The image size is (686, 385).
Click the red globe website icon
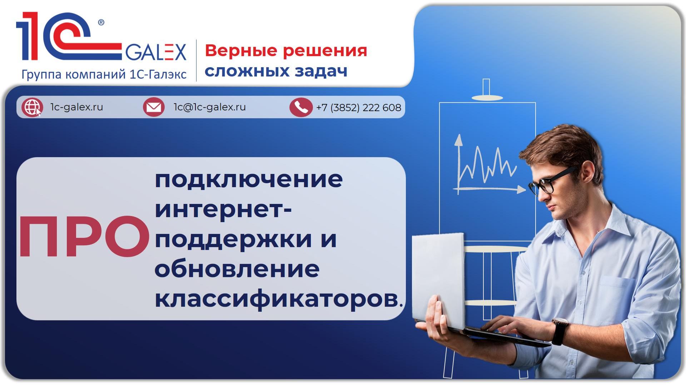(x=32, y=107)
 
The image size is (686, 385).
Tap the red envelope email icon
(x=154, y=107)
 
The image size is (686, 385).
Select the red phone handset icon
(x=301, y=107)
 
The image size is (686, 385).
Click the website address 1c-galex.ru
(x=76, y=107)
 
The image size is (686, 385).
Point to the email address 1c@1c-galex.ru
(x=209, y=107)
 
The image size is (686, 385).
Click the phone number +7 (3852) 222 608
(x=358, y=107)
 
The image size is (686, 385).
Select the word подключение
(x=248, y=180)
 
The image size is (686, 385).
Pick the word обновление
(x=237, y=269)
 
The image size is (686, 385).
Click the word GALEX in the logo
(x=156, y=52)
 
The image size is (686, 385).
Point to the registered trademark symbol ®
(x=101, y=23)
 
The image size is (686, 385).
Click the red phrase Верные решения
(x=286, y=51)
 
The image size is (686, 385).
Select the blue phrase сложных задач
(x=276, y=71)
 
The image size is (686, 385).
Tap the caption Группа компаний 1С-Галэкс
(x=104, y=75)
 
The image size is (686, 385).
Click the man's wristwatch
(x=560, y=330)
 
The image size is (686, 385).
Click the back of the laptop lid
(x=438, y=279)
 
